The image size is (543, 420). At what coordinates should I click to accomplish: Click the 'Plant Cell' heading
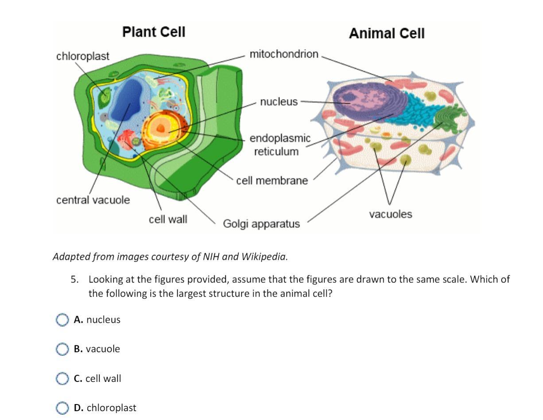[153, 32]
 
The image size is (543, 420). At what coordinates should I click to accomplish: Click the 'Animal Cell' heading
[386, 34]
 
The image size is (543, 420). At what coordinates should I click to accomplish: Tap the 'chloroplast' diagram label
[82, 56]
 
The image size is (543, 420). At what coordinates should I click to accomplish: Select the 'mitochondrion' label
[284, 54]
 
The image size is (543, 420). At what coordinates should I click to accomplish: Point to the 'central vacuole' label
[93, 200]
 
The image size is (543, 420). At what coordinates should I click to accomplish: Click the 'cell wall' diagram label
[168, 219]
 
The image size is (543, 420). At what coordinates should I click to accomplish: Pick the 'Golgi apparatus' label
[261, 224]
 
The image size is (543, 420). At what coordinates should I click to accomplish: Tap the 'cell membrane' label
[271, 181]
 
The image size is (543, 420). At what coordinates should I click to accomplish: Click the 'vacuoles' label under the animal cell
[390, 214]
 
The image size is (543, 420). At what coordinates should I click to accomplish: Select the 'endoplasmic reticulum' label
[280, 145]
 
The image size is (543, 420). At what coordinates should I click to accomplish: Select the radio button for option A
[62, 320]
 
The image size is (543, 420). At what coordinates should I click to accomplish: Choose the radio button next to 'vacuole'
[62, 349]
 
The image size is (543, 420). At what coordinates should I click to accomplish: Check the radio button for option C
[62, 379]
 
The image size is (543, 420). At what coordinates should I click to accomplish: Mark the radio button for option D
[62, 408]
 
